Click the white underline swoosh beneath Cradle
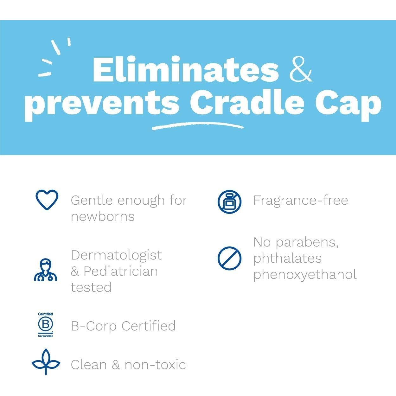point(197,126)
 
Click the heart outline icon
point(47,200)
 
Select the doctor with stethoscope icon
point(46,270)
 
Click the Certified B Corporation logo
point(46,325)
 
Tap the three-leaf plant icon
point(46,362)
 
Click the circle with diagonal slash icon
point(229,258)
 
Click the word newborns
point(103,217)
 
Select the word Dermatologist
point(116,255)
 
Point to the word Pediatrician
point(121,271)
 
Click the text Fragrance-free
point(300,200)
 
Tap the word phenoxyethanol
point(305,274)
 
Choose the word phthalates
point(287,258)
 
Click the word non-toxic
point(155,365)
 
